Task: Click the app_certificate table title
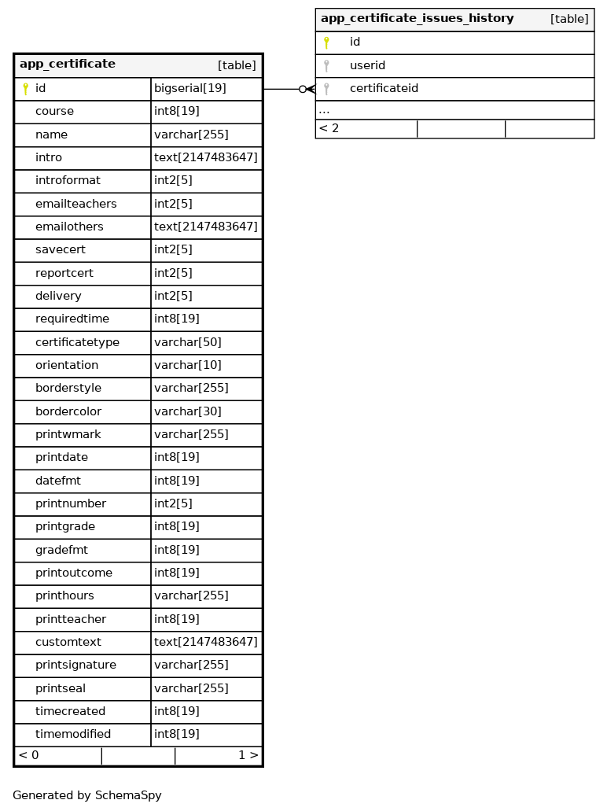pos(68,65)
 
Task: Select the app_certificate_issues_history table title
pos(417,19)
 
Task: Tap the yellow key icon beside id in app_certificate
pos(25,89)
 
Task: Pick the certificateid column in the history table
pos(384,89)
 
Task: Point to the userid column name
pos(367,65)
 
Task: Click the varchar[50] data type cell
pos(188,342)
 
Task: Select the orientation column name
pos(67,365)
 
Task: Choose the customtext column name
pos(68,642)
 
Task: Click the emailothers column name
pos(69,227)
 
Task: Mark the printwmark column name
pos(68,434)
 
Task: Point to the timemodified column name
pos(73,734)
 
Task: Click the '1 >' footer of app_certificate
pos(248,755)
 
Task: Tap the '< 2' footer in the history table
pos(329,128)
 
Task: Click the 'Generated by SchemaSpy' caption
pos(87,795)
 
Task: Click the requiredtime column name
pos(72,319)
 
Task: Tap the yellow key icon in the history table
pos(326,42)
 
